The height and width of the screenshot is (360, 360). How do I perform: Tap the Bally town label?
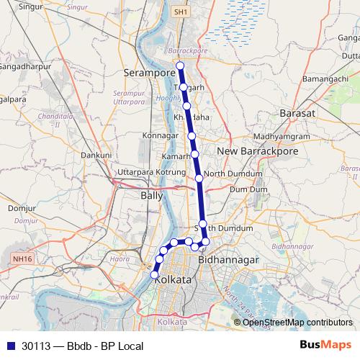coord(152,195)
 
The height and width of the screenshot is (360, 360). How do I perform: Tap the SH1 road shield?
coord(182,12)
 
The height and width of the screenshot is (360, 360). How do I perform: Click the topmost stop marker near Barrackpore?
coord(180,66)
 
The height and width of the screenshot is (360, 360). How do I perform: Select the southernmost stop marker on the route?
coord(154,274)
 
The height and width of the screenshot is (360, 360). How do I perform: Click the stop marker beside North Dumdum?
coord(199,177)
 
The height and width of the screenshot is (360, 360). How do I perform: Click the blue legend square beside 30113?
coord(10,346)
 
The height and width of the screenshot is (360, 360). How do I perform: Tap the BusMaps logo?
coord(327,346)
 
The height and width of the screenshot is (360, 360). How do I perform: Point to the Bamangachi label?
coord(325,78)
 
